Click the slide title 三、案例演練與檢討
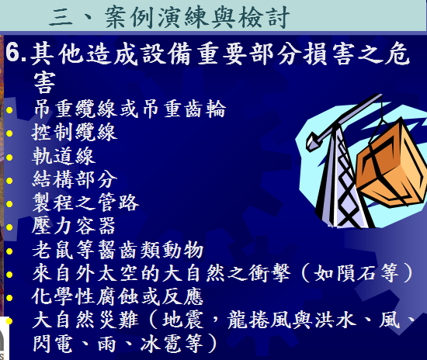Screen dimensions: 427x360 (x=168, y=17)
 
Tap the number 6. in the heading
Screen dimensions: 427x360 (x=16, y=53)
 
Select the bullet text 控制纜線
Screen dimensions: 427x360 (x=75, y=132)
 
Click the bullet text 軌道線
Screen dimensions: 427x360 (x=64, y=156)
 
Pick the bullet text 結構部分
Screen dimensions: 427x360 (x=75, y=179)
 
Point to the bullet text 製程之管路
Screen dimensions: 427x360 (x=85, y=202)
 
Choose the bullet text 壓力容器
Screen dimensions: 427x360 (x=74, y=226)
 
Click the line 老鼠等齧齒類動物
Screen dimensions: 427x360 (x=118, y=250)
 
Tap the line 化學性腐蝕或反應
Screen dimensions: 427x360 (x=118, y=296)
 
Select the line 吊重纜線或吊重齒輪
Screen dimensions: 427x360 (x=130, y=109)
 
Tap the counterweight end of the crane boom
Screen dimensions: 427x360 (x=312, y=141)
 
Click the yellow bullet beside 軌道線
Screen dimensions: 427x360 (x=9, y=157)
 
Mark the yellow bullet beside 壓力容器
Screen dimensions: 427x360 (x=9, y=227)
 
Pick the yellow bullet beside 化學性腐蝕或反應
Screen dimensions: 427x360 (x=9, y=298)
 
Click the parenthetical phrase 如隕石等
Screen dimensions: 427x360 (x=357, y=273)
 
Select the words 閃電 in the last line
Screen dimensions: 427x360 (x=53, y=344)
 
